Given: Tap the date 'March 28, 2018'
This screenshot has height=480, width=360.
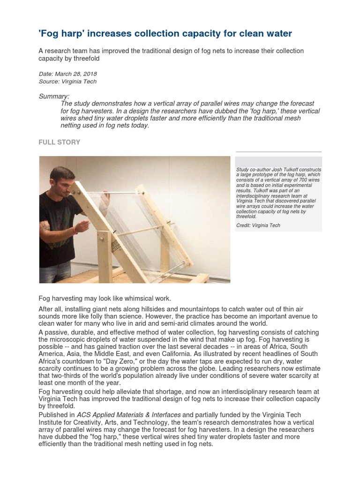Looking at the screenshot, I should click(76, 74).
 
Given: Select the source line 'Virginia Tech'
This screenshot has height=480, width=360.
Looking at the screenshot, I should click(79, 82).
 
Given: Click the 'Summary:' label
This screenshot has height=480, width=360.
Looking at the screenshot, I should click(54, 96).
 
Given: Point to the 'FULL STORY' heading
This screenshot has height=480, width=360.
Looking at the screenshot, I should click(59, 142).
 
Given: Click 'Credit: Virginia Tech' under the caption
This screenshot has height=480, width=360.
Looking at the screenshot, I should click(258, 225).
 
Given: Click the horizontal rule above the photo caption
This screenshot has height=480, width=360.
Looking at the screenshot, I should click(278, 152).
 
